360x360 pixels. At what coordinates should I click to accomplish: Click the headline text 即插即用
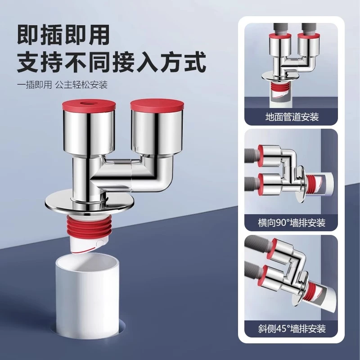coord(63,35)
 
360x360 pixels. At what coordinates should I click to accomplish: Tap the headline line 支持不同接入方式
coord(111,62)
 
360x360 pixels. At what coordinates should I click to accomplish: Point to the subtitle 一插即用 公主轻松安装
coord(62,85)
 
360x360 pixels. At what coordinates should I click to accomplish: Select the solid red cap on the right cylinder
coord(157,104)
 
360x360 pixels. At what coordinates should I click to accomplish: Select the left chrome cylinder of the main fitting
coord(89,133)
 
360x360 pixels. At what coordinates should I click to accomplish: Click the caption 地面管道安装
coord(292,117)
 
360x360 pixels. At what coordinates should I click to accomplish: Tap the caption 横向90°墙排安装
coord(292,223)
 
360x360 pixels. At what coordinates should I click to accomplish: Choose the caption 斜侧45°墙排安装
coord(292,328)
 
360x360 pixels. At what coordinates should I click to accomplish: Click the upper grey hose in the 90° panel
coord(252,154)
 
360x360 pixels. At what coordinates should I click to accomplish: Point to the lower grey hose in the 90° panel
coord(252,182)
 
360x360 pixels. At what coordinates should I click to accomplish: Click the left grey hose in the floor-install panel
coord(279,28)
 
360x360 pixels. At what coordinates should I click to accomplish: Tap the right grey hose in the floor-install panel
coord(308,28)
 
